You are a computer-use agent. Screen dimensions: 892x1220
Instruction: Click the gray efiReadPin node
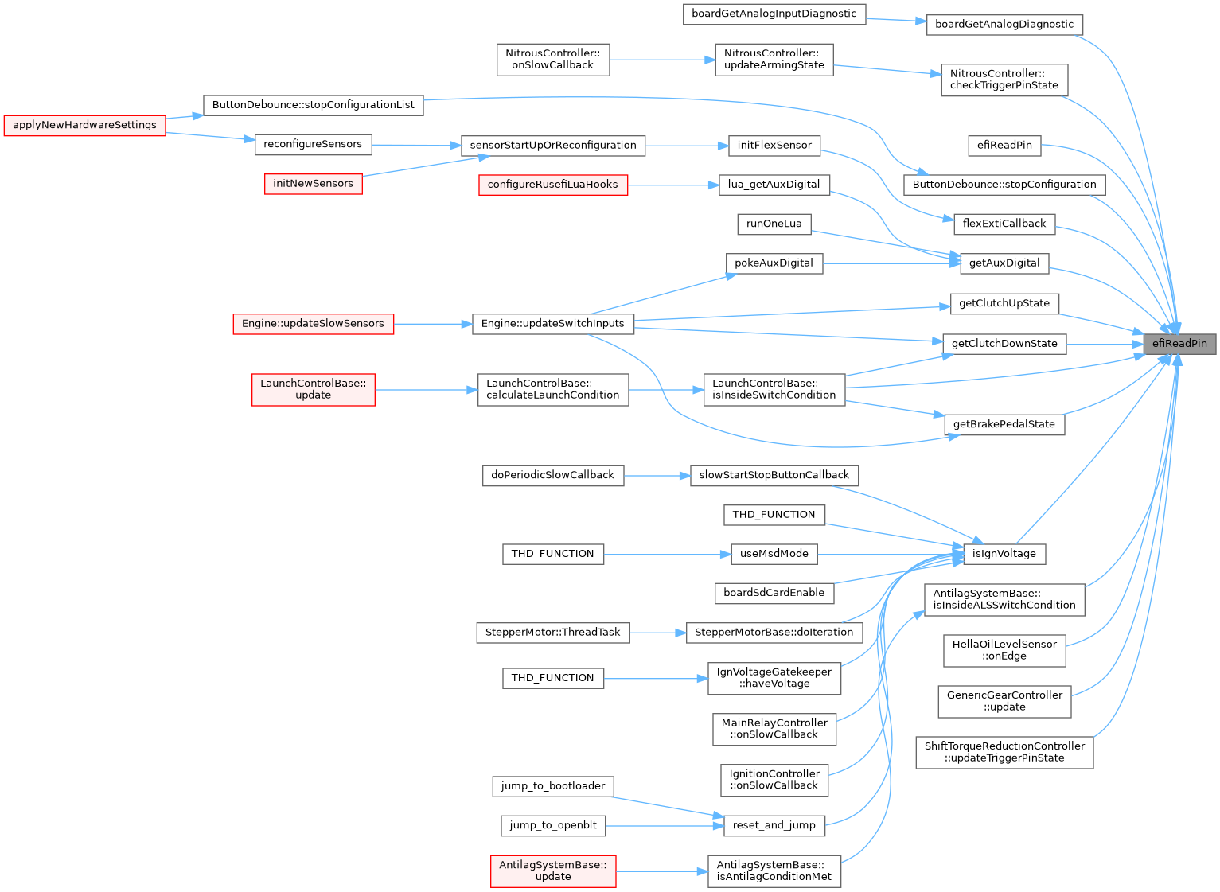1180,344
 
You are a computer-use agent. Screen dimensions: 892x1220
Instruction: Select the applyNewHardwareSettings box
84,125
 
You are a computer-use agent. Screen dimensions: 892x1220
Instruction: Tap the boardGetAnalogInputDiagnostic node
774,14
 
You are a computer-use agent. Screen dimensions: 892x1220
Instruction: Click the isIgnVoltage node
1004,554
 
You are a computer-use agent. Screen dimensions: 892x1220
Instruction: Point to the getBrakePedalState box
1004,424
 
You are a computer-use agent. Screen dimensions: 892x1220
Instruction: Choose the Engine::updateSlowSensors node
313,324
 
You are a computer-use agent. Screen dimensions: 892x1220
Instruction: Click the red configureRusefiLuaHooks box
552,185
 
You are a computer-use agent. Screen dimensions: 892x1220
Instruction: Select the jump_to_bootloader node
552,786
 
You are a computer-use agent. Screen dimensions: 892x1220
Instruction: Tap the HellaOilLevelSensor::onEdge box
1004,650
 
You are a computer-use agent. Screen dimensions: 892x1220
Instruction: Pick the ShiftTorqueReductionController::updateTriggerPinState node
1004,752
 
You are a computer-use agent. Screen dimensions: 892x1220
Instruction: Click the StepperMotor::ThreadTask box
552,633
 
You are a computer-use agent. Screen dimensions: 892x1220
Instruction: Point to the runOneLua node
774,224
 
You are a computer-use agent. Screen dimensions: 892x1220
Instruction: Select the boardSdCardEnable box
774,593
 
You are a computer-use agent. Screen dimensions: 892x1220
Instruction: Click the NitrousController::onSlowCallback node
552,59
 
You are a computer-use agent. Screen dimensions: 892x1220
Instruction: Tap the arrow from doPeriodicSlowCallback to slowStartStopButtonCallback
657,476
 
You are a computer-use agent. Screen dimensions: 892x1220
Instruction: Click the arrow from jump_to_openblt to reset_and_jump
665,825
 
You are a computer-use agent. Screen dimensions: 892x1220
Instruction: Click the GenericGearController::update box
1004,701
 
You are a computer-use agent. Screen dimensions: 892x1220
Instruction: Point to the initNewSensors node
313,184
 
